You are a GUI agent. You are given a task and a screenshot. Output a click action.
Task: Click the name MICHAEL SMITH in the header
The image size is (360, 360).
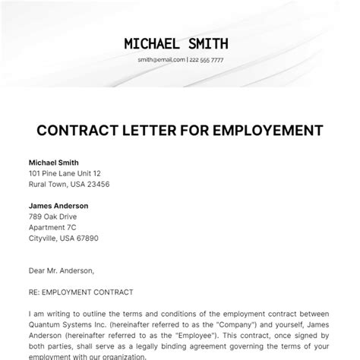coord(179,43)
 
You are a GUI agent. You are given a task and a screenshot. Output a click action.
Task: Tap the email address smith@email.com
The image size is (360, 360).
coord(157,60)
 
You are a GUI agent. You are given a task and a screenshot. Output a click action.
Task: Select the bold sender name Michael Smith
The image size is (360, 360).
coord(53,162)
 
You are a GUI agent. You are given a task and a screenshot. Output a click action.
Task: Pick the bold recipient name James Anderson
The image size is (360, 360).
coord(58,206)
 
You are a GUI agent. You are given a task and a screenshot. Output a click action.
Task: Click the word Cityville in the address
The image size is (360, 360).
coord(44,238)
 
